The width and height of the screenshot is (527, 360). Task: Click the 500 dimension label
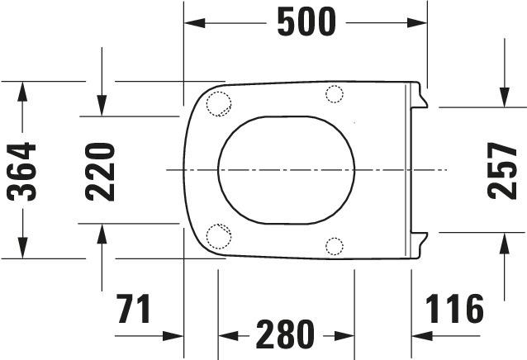(x=306, y=22)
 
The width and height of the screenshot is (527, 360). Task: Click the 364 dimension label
(x=21, y=172)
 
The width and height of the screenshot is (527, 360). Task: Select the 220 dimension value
(x=100, y=172)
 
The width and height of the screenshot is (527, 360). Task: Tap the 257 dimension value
(x=501, y=171)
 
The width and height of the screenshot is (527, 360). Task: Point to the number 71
(x=134, y=309)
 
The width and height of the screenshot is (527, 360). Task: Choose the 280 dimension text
(x=285, y=334)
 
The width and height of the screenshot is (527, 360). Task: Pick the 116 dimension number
(x=454, y=309)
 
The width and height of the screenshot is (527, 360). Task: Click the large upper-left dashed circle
(x=219, y=104)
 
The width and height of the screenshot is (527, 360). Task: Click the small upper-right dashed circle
(x=335, y=94)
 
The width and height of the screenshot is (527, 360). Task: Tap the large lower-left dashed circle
(x=219, y=236)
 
